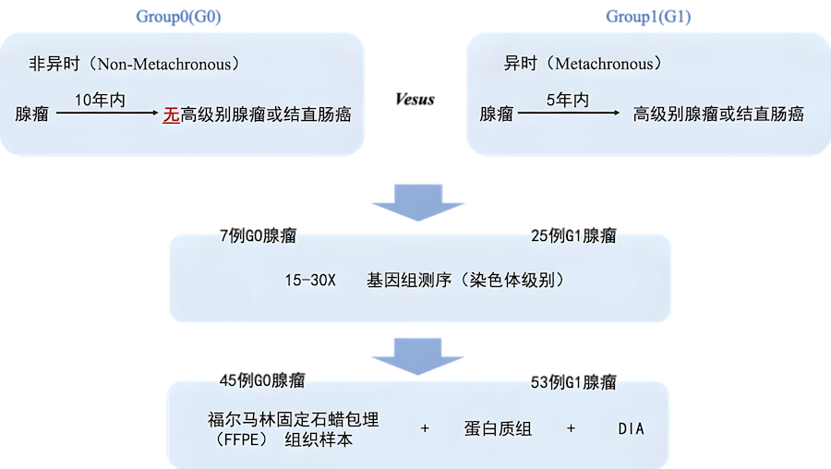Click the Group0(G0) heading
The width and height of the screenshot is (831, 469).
tap(179, 17)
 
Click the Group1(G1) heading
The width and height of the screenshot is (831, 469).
tap(648, 17)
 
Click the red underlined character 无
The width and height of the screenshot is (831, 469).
tap(171, 114)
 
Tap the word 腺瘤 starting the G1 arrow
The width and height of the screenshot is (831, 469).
tap(496, 114)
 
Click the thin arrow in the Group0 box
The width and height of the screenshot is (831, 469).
tap(106, 114)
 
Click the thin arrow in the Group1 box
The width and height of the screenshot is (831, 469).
tap(568, 114)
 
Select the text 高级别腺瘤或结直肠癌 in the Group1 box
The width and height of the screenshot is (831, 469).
tap(718, 114)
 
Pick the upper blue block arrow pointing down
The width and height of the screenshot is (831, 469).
tap(415, 201)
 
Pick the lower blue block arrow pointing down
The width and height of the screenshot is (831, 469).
tap(415, 355)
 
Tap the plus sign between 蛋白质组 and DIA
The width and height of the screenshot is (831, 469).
tap(572, 429)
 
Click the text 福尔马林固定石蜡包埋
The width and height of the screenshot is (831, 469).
tap(293, 419)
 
